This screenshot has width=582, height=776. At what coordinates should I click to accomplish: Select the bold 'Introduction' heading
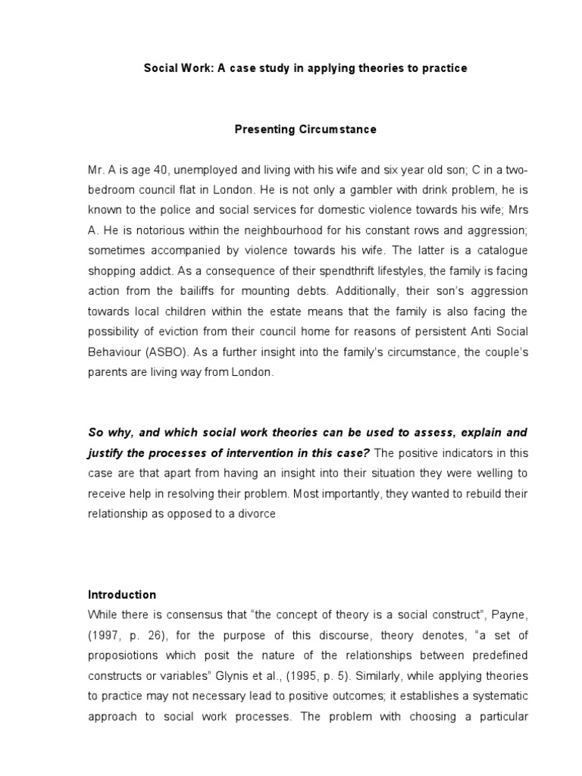(121, 595)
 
